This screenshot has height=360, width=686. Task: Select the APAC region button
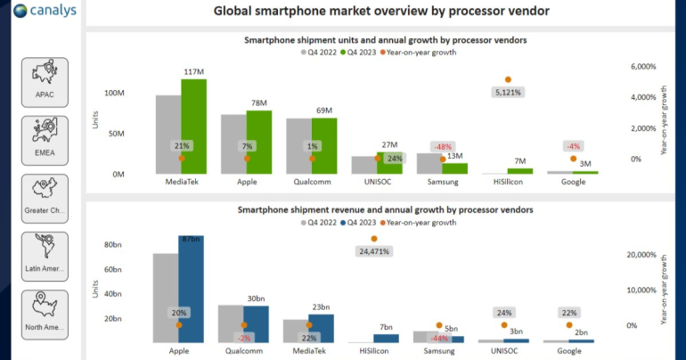(x=45, y=82)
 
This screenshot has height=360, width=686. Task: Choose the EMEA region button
(x=45, y=140)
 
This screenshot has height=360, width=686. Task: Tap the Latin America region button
(x=45, y=257)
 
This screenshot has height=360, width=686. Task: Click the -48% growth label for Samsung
(x=442, y=146)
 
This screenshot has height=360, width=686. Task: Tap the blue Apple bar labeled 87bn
(x=191, y=290)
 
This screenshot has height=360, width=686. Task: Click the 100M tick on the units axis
(x=114, y=94)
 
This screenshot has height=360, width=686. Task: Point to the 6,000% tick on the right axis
(x=642, y=67)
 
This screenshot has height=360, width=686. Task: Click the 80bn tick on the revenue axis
(x=113, y=245)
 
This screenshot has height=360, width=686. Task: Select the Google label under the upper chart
(x=573, y=183)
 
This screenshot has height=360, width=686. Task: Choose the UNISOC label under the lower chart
(x=503, y=351)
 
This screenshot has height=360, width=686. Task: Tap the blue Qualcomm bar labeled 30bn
(x=256, y=323)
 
